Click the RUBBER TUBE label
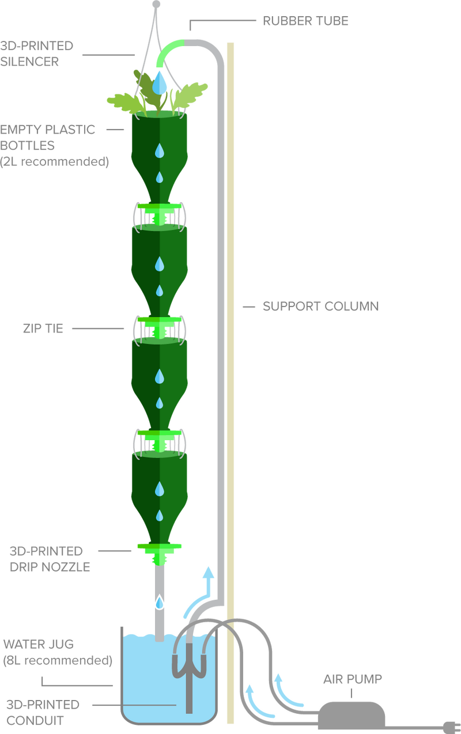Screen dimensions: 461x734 pos(305,21)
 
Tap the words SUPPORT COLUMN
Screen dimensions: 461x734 pos(320,307)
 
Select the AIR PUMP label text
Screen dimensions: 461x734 pos(353,679)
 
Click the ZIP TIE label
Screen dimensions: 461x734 pos(43,328)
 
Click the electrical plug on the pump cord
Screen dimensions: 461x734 pos(452,728)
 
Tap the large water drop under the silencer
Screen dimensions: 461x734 pos(160,83)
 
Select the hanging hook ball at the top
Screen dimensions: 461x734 pos(156,4)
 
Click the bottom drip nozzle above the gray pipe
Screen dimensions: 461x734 pos(160,554)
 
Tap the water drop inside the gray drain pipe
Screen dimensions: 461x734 pos(160,603)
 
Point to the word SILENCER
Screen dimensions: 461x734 pos(29,62)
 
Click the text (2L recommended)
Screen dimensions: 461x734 pos(54,161)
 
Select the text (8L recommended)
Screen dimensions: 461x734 pos(58,660)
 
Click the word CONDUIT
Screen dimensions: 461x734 pos(35,721)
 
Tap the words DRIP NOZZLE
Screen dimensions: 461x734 pos(50,567)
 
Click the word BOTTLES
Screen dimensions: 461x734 pos(27,146)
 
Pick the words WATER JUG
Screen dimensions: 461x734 pos(39,644)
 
